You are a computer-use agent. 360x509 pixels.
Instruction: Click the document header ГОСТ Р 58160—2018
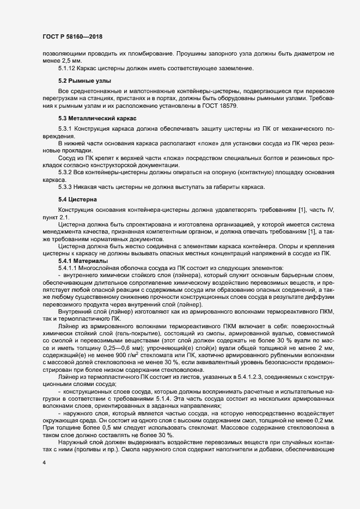pyautogui.click(x=72, y=37)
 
